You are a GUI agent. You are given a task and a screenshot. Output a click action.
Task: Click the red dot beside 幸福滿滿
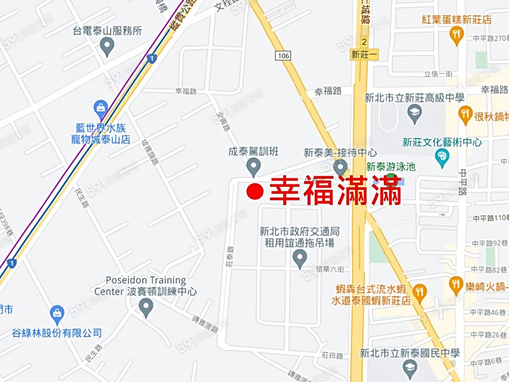[256, 191]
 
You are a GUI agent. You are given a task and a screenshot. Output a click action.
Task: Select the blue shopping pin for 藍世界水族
[101, 108]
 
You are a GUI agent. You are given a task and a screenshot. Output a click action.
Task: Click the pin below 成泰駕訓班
[253, 167]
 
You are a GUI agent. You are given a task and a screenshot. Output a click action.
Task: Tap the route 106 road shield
[284, 55]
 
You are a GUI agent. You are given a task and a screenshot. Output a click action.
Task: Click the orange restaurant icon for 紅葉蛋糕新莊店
[456, 35]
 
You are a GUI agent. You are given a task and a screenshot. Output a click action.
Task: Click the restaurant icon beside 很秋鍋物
[465, 115]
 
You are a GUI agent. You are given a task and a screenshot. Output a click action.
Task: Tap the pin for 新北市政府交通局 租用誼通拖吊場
[300, 259]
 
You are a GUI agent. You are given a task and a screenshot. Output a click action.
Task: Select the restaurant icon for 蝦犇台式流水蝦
[419, 292]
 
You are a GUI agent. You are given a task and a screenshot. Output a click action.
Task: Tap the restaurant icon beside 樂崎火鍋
[456, 285]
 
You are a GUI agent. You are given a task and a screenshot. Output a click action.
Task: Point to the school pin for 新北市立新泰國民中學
[410, 369]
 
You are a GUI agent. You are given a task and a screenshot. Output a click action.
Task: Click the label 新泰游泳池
[391, 166]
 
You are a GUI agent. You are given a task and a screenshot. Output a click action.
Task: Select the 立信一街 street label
[438, 74]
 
